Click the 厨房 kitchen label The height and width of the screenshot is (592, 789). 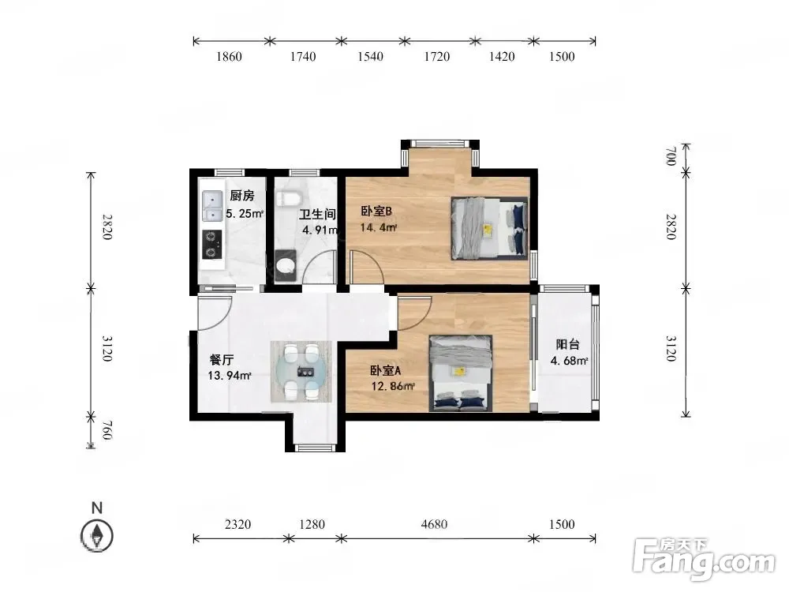[x=242, y=195]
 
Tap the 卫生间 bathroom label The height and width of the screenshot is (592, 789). [x=317, y=214]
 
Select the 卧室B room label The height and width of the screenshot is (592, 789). [x=376, y=211]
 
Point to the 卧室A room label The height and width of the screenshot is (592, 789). [x=386, y=370]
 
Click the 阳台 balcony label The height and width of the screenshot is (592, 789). [x=567, y=344]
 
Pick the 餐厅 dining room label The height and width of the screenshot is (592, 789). [x=222, y=360]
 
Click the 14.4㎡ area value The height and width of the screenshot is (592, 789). [x=379, y=227]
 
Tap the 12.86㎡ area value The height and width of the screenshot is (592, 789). [x=393, y=386]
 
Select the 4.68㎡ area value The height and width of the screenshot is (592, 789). [x=569, y=361]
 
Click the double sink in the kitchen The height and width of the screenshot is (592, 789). [x=213, y=206]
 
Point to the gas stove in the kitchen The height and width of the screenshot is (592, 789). [x=212, y=245]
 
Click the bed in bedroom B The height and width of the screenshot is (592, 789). [x=490, y=228]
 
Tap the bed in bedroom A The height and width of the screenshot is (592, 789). [x=461, y=373]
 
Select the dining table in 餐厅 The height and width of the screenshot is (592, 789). [x=301, y=372]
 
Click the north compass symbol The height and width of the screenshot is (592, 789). [x=97, y=534]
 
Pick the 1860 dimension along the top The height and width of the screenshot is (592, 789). [x=229, y=56]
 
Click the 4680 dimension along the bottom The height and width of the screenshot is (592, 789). [x=434, y=524]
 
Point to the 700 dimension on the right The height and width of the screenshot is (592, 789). [x=670, y=156]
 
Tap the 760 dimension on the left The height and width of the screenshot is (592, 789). [x=107, y=430]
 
